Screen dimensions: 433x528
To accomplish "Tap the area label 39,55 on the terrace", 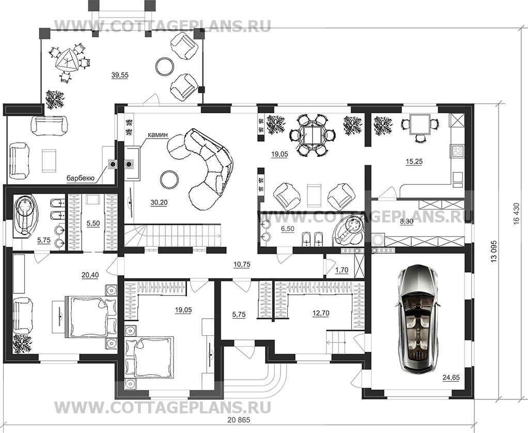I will (x=119, y=75).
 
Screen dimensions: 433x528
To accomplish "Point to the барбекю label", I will (x=80, y=178).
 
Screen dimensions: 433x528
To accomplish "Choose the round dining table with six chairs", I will (x=313, y=136).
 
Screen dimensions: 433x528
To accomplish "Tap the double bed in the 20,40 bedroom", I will (x=89, y=316).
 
